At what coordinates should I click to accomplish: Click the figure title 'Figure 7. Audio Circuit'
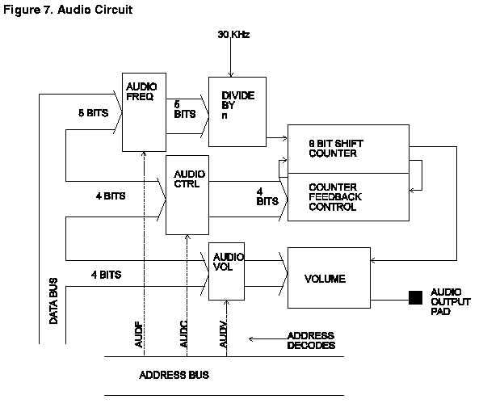tap(68, 10)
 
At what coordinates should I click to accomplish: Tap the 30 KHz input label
tap(233, 34)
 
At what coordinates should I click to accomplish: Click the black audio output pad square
tap(415, 297)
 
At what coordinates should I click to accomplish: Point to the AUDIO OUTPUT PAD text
tap(451, 301)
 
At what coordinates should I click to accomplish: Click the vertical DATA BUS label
tap(53, 301)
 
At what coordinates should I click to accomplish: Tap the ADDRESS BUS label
tap(174, 375)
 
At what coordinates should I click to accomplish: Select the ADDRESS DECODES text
tap(311, 340)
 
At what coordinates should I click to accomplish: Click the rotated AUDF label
tap(139, 334)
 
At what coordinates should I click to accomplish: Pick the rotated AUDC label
tap(183, 334)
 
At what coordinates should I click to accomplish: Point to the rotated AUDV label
tap(223, 334)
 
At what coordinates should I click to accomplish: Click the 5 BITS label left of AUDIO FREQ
tap(94, 113)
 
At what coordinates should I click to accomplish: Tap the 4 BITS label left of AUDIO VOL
tap(107, 275)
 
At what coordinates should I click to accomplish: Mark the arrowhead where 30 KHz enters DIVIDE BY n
tap(231, 75)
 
